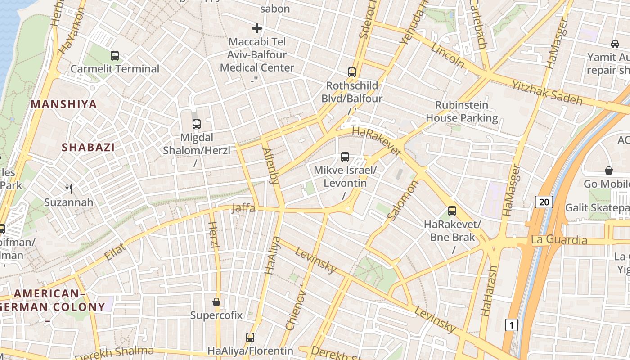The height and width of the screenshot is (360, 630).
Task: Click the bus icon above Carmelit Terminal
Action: [x=115, y=56]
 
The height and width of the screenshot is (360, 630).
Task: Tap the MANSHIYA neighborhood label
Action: [x=64, y=104]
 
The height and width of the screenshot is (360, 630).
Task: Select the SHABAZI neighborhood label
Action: [x=88, y=147]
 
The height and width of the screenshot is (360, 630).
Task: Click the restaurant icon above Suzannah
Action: [x=69, y=189]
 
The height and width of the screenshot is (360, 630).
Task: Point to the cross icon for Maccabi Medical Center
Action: [x=257, y=29]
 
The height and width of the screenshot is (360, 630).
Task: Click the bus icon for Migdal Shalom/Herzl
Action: [x=197, y=124]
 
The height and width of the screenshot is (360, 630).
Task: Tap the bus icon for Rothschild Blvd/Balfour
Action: [x=352, y=72]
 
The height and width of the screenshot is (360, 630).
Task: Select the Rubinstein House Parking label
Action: [x=462, y=112]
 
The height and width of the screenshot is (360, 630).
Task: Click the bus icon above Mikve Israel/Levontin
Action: [x=345, y=157]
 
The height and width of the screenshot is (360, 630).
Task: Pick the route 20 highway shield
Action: [x=544, y=202]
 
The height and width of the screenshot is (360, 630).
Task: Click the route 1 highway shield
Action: [x=511, y=324]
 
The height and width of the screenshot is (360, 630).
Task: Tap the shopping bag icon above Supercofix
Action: [x=216, y=301]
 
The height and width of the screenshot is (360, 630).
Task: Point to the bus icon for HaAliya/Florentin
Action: [x=250, y=337]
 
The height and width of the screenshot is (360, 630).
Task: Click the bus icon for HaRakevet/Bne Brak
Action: [x=452, y=211]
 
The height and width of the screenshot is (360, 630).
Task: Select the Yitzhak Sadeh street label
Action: [x=547, y=93]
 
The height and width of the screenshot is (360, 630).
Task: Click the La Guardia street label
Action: [x=559, y=240]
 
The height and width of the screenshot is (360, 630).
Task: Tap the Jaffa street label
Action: [x=243, y=208]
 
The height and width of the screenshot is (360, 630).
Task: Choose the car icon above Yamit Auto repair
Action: [x=615, y=44]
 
